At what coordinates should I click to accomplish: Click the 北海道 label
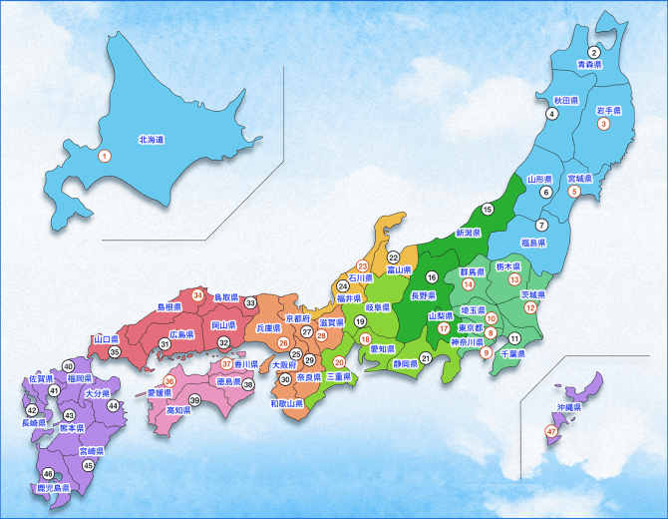(x=151, y=140)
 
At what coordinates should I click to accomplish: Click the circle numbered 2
(x=593, y=52)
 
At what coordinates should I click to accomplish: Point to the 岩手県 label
(x=608, y=111)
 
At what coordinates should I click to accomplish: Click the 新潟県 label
(x=469, y=232)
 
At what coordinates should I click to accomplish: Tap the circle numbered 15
(x=488, y=210)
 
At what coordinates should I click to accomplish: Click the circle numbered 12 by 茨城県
(x=531, y=308)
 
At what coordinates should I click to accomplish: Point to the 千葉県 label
(x=512, y=353)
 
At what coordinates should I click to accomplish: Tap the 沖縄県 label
(x=570, y=409)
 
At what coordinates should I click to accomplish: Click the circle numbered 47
(x=551, y=431)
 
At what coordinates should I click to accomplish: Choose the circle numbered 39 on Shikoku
(x=195, y=400)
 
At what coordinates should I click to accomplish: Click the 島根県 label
(x=168, y=307)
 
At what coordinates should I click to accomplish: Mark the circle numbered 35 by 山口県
(x=115, y=352)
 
